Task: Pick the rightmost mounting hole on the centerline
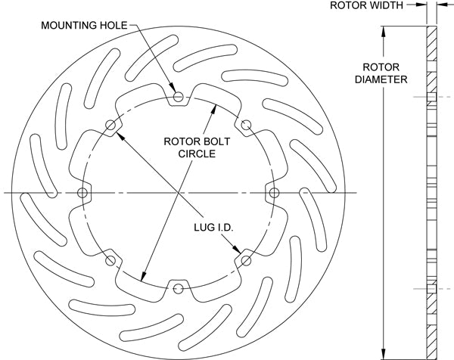tap(275, 194)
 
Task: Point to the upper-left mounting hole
tap(111, 126)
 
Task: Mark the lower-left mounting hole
tap(111, 261)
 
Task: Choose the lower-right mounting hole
tap(247, 261)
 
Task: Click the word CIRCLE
tap(197, 154)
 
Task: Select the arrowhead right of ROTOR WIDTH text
tap(422, 5)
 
